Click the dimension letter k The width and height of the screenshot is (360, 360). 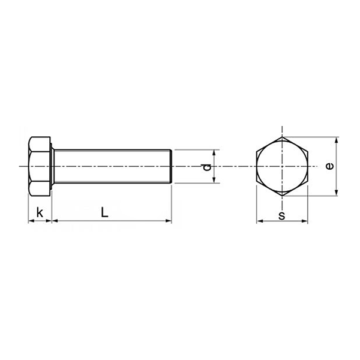tap(40, 212)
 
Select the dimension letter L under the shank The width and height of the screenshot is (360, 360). tap(104, 212)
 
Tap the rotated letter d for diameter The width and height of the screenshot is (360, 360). tap(206, 166)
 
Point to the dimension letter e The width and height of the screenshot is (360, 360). tap(328, 166)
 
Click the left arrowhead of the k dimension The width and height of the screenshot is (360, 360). tap(30, 221)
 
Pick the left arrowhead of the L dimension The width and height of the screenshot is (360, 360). tap(55, 221)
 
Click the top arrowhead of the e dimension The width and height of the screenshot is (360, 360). tap(337, 140)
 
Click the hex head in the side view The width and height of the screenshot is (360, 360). tap(40, 166)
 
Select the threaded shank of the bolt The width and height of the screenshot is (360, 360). tap(111, 166)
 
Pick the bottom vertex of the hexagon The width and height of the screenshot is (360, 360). tap(282, 194)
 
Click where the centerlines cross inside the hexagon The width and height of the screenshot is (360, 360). tap(282, 166)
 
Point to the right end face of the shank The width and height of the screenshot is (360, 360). tap(173, 166)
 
